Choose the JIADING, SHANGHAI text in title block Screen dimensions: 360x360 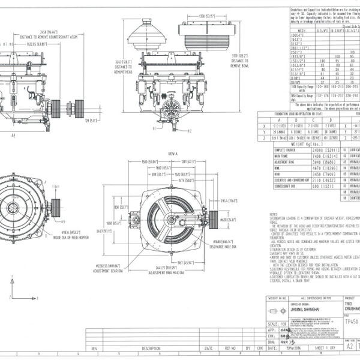[293, 309]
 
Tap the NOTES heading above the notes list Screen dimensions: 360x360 [274, 213]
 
